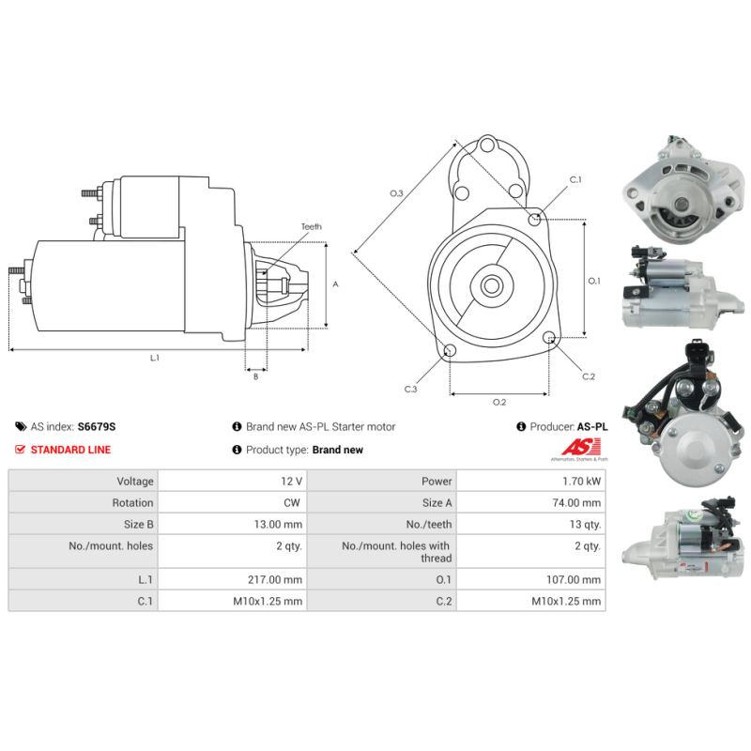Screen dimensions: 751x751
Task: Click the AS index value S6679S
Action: point(97,426)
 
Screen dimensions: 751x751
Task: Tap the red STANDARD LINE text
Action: point(70,450)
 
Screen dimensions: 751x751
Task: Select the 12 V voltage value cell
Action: point(232,481)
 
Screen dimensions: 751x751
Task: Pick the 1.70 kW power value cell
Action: point(530,481)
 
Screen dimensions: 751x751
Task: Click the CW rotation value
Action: point(292,502)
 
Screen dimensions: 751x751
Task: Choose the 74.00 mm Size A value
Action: point(576,502)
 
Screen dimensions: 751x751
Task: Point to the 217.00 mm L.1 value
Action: point(275,579)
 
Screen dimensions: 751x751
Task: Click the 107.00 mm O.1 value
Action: point(574,579)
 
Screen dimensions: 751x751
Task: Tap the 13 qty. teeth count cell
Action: point(530,524)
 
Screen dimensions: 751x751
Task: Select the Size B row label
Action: point(138,524)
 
